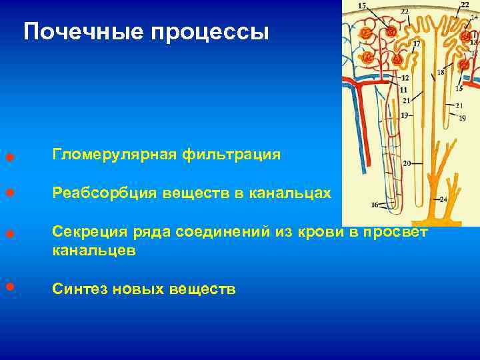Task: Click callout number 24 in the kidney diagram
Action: pos(443,199)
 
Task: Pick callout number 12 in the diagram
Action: pos(405,78)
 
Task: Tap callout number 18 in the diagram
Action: pos(441,72)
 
